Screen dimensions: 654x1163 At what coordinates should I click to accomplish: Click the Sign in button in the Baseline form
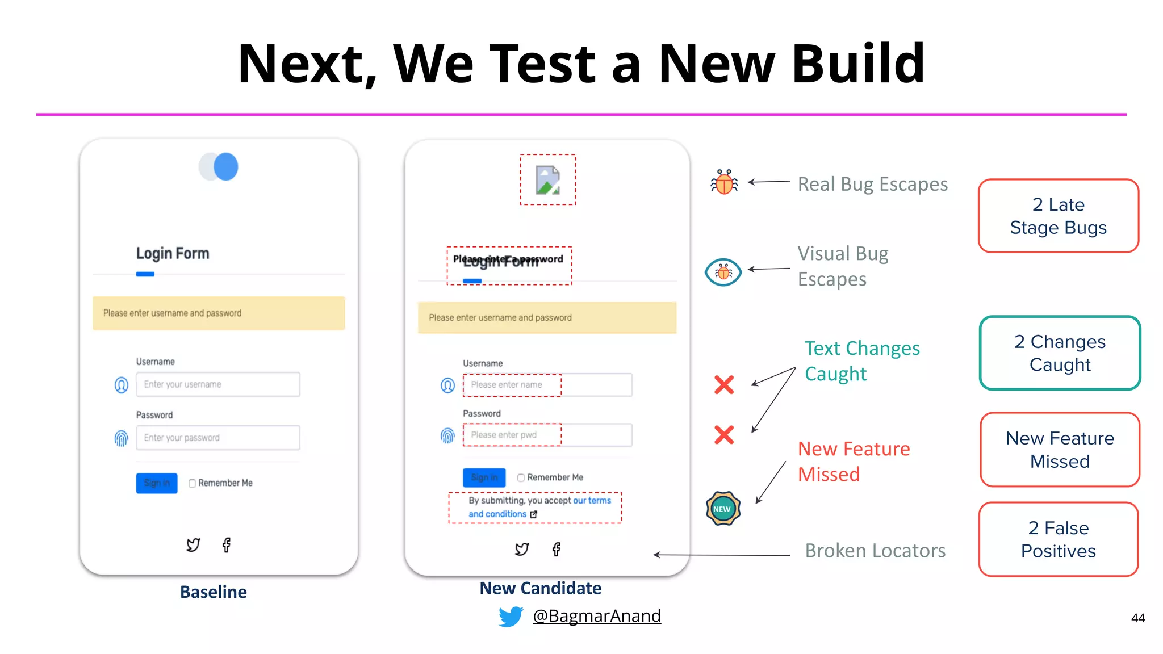tap(157, 483)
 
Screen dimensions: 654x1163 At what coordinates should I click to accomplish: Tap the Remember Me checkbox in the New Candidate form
tap(521, 478)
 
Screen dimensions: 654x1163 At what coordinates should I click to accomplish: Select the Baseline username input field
tap(218, 384)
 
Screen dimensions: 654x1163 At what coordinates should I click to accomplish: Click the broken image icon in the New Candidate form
tap(548, 180)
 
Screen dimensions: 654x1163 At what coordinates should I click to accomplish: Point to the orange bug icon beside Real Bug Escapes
tap(724, 182)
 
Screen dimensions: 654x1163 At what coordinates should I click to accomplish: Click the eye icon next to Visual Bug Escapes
tap(723, 272)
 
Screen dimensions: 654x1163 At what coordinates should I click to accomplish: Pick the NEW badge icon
tap(722, 509)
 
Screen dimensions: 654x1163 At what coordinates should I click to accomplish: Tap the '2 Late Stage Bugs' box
tap(1058, 216)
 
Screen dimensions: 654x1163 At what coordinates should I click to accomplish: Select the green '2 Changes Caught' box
tap(1060, 353)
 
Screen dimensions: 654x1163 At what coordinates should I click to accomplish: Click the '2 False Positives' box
tap(1058, 539)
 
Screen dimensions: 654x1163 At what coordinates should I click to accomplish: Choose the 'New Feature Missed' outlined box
tap(1060, 450)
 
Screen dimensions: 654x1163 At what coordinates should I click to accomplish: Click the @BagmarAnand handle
tap(596, 616)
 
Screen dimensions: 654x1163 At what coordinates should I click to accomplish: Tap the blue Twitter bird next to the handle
tap(511, 617)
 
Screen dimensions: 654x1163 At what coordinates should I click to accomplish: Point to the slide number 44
tap(1137, 618)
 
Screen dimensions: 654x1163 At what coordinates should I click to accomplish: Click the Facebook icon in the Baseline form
tap(227, 545)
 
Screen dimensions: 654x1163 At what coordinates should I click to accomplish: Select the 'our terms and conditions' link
tap(539, 508)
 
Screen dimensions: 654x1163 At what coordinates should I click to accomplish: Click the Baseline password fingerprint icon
tap(122, 438)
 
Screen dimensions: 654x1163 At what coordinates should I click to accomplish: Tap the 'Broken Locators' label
tap(875, 551)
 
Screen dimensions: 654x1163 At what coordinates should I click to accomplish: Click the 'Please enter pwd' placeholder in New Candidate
tap(504, 435)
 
